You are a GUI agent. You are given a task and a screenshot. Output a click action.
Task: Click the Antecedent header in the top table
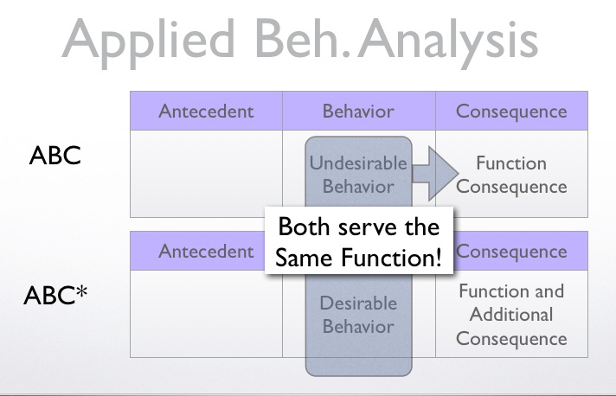point(206,112)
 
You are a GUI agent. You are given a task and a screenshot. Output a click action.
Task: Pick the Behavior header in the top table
point(358,112)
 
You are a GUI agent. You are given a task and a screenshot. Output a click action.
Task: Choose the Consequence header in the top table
point(511,112)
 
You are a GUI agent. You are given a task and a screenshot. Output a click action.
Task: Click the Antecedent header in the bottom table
point(206,252)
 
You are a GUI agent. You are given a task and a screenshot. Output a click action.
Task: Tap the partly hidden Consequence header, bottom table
point(511,252)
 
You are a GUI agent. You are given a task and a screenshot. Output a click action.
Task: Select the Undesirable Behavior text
point(358,175)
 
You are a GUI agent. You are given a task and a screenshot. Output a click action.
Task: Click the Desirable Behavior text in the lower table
point(358,315)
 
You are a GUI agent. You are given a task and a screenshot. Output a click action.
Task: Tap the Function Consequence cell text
point(511,175)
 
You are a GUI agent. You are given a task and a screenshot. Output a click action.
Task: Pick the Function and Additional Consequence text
point(511,314)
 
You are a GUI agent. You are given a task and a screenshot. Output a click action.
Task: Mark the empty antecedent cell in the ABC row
point(206,174)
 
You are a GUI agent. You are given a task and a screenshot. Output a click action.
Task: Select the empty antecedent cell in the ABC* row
point(206,314)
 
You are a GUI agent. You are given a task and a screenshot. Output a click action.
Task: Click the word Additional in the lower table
point(511,314)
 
